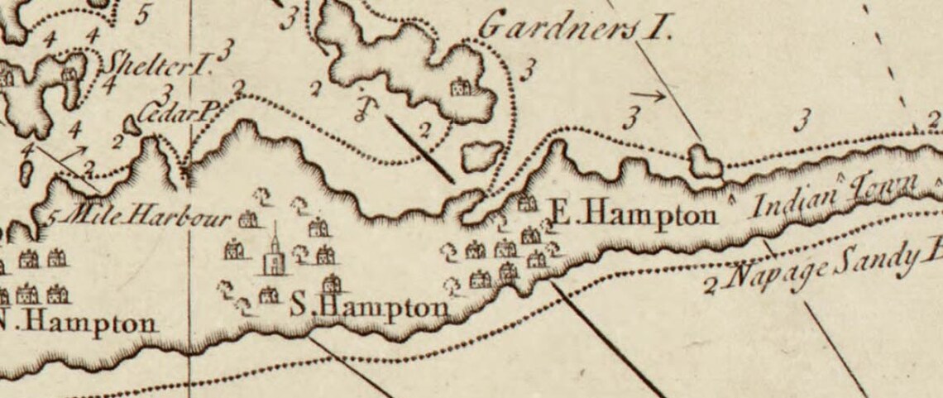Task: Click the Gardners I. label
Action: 576,31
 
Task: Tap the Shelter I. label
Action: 159,63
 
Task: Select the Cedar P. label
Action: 175,114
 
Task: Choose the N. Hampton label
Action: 79,323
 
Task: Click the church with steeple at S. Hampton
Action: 274,252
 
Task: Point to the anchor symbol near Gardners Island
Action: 361,107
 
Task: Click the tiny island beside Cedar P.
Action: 132,126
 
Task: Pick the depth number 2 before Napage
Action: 710,288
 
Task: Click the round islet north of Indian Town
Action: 704,161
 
